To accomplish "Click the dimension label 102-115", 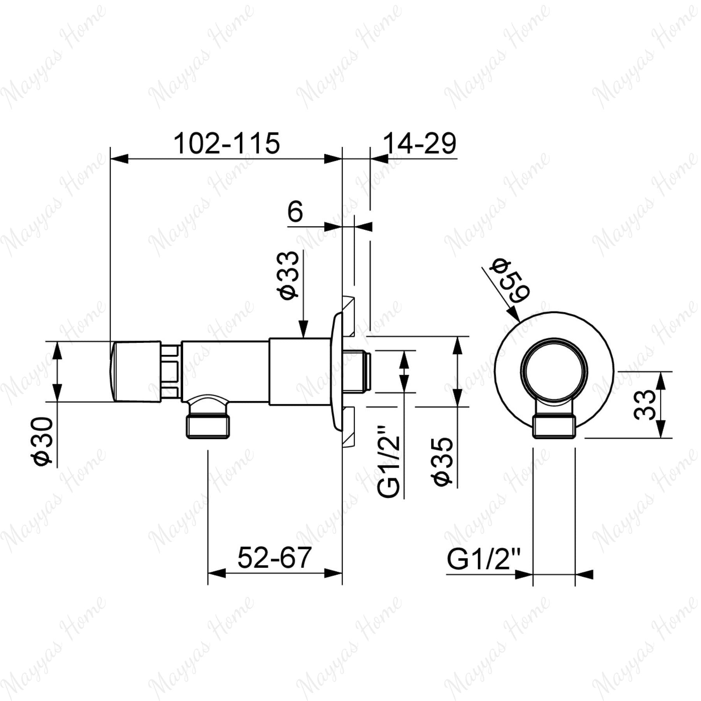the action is pyautogui.click(x=227, y=143).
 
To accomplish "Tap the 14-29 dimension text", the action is pyautogui.click(x=419, y=143).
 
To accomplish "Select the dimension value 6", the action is pyautogui.click(x=295, y=212).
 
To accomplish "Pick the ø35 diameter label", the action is pyautogui.click(x=444, y=461).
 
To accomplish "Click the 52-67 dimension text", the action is pyautogui.click(x=275, y=557).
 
